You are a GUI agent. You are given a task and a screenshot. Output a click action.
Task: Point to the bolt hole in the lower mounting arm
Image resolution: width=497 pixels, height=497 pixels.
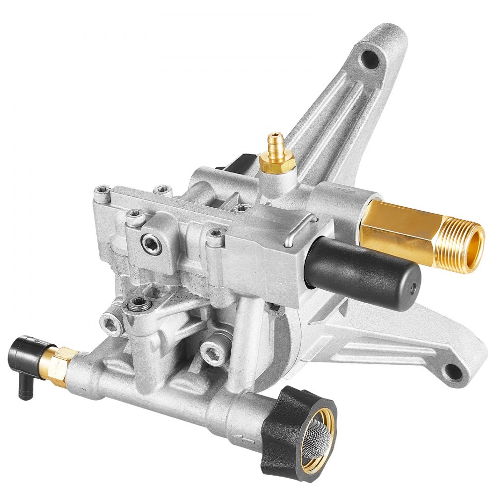453,370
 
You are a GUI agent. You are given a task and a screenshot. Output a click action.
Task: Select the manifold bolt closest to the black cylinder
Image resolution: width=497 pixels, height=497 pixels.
215,238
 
